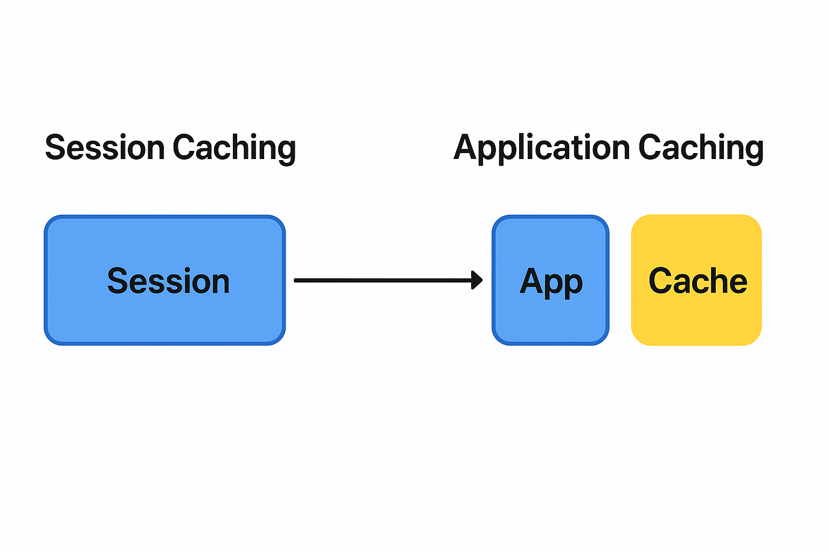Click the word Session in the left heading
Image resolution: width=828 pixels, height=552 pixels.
tap(105, 148)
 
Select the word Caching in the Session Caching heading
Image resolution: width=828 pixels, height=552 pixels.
tap(234, 149)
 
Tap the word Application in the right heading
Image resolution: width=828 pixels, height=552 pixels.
tap(542, 149)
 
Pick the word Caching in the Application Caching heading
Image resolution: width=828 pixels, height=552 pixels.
tap(701, 149)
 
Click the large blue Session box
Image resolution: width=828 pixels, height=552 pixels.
tap(165, 280)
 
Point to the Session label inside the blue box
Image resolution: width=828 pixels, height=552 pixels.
tap(168, 281)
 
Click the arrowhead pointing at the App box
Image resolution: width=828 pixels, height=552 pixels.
tap(477, 280)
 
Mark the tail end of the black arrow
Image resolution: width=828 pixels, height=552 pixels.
tap(295, 281)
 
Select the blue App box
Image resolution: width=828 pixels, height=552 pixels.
tap(550, 280)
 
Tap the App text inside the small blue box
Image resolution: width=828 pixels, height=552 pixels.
tap(551, 283)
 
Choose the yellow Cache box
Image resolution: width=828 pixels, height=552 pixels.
tap(696, 280)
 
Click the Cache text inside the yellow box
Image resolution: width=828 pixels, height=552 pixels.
tap(698, 281)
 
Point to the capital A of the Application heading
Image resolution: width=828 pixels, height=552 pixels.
tap(467, 147)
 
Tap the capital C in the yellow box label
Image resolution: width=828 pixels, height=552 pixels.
tap(661, 281)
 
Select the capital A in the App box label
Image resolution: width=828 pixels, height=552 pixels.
tap(532, 280)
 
